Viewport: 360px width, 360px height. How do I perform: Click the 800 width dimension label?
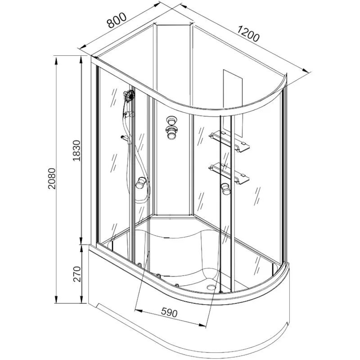coord(117,20)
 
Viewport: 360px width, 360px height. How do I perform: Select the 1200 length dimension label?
coord(248,34)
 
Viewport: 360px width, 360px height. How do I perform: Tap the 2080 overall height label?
coord(52,178)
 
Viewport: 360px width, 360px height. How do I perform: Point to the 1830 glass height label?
coord(76,150)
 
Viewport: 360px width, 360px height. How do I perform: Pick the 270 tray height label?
coord(76,274)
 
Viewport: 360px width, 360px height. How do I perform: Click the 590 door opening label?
coord(169,312)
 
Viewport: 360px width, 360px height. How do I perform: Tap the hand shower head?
coord(129,95)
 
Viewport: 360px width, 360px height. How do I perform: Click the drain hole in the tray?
coord(211,287)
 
